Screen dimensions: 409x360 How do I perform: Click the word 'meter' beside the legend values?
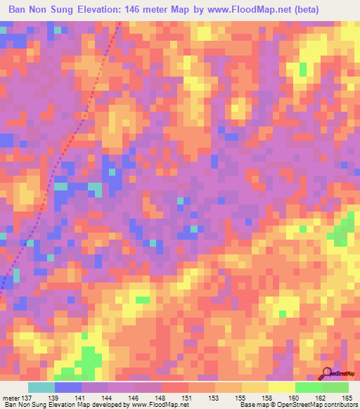(11, 398)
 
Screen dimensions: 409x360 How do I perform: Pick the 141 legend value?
(82, 398)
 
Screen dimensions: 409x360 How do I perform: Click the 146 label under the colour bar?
(135, 398)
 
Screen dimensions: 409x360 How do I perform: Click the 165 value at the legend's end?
(347, 398)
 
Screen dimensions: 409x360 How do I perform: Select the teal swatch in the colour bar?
(41, 387)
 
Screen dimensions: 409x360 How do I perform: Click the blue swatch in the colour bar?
(68, 387)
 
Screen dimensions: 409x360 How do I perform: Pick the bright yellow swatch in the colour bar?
(281, 387)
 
